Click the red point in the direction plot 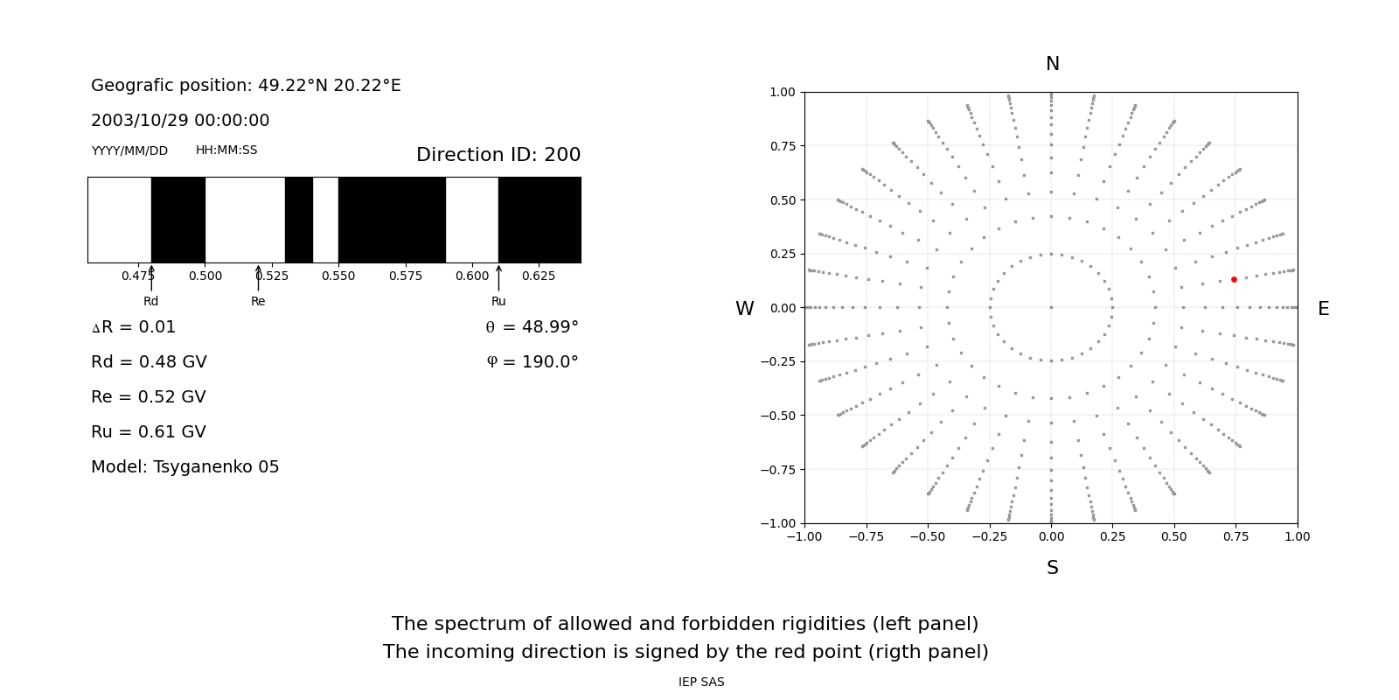point(1234,280)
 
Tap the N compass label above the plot point(1052,65)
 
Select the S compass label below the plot point(1052,569)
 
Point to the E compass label point(1323,309)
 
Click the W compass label point(744,309)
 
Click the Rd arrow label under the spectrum point(151,302)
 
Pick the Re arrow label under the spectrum point(258,302)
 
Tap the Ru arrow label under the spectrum point(498,302)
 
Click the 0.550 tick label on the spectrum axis point(338,276)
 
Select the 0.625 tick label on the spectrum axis point(539,276)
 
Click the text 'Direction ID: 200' point(498,155)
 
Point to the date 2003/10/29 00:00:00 point(180,121)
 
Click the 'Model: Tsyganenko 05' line point(185,467)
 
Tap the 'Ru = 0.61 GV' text point(149,432)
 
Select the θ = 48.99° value point(532,327)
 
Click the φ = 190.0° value point(532,362)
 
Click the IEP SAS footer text point(701,682)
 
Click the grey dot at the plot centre point(1051,307)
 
